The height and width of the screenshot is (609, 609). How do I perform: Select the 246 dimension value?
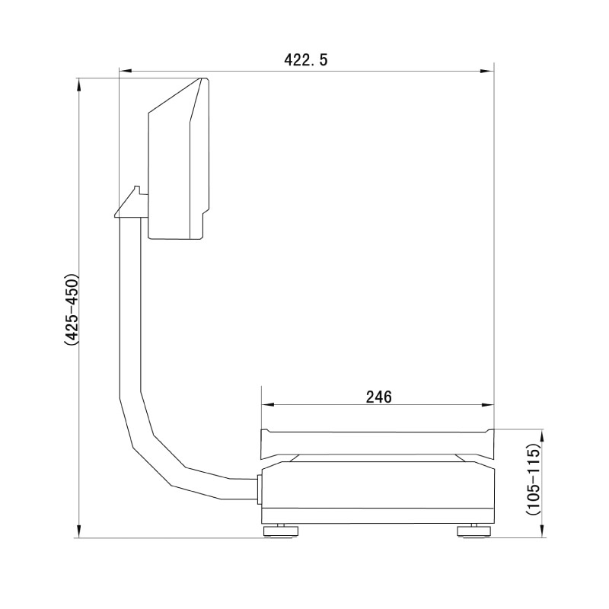click(x=378, y=397)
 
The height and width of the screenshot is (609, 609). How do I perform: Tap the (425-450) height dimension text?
click(x=71, y=309)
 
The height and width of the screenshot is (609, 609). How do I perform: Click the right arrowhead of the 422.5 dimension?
click(x=488, y=72)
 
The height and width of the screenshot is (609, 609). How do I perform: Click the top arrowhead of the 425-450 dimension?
click(x=80, y=83)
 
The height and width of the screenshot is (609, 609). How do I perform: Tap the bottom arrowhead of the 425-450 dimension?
click(x=80, y=532)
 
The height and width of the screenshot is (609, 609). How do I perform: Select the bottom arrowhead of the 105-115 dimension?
click(x=543, y=532)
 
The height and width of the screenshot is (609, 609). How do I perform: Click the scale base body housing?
click(x=378, y=491)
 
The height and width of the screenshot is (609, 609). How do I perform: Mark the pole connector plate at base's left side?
click(x=260, y=488)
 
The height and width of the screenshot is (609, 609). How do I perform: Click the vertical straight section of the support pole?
click(x=130, y=304)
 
